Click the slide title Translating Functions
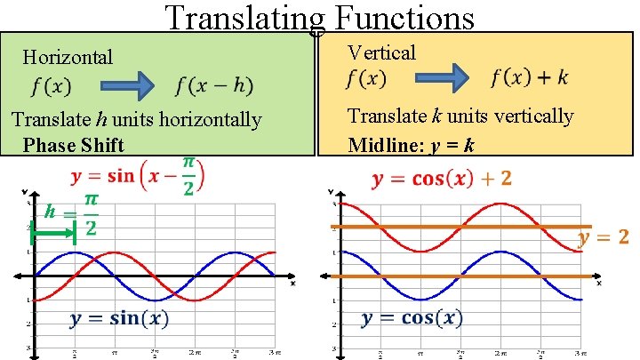pos(319,18)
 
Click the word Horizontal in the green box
pos(68,58)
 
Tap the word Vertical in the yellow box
pos(381,52)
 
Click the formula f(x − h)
pos(213,86)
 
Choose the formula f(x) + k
pos(529,77)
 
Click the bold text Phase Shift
pos(74,145)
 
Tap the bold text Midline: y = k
pos(411,145)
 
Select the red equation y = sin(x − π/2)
pos(138,173)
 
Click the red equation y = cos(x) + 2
pos(442,180)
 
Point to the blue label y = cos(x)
pos(412,318)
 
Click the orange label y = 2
pos(604,237)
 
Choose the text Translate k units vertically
pos(460,116)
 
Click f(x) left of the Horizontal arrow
pos(52,86)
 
